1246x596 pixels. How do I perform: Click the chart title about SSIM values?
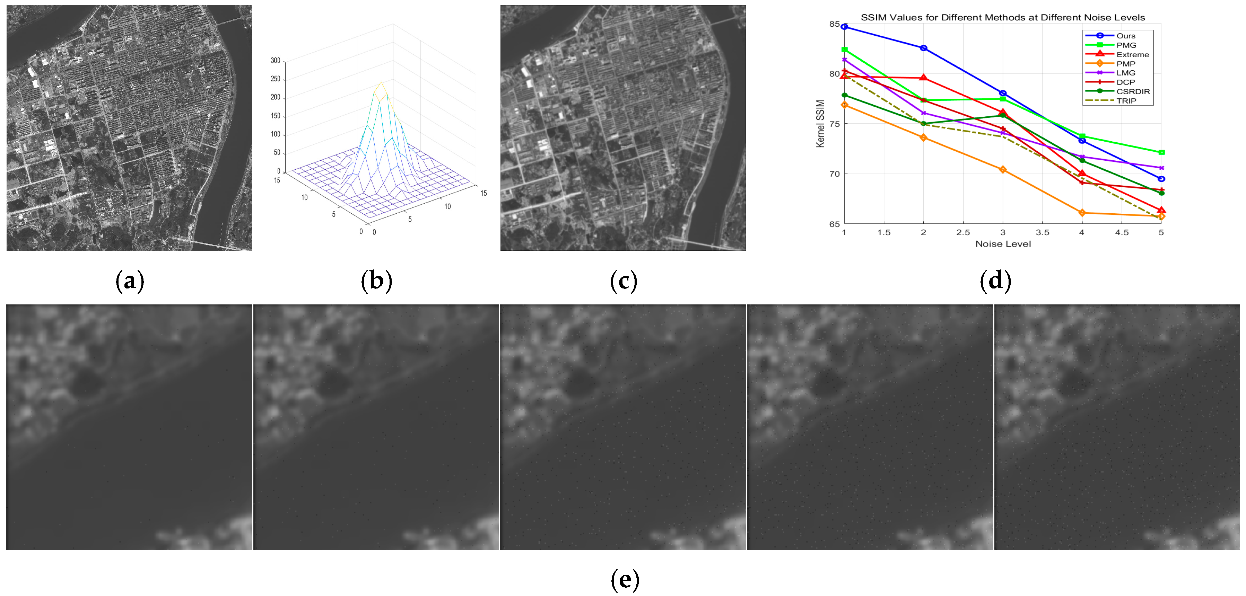1002,17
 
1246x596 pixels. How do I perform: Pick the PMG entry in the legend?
1126,45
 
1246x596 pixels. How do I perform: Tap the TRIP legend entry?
1126,100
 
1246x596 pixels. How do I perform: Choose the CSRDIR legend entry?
1132,91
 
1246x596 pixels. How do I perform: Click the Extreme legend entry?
1132,54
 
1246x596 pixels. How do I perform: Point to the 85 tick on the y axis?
834,24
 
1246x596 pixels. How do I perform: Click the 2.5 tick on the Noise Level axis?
962,232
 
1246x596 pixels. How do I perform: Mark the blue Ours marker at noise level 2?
923,48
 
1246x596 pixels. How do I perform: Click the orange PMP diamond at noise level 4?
1082,213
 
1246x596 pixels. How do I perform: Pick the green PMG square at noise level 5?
1161,152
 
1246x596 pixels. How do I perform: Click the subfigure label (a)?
130,281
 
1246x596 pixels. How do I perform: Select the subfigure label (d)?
995,281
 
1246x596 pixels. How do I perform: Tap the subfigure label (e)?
625,580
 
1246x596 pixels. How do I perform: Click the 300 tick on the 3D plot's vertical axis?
275,60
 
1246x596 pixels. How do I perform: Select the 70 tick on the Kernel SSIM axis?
834,174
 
